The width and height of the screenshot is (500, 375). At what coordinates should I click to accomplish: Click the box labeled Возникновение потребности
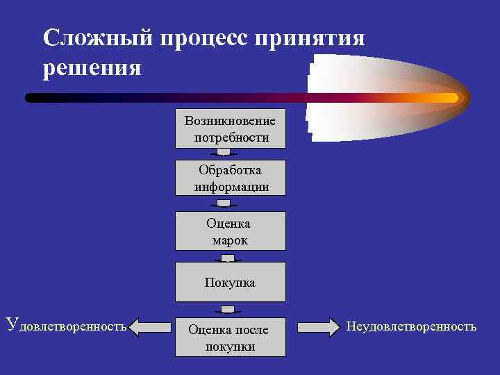click(230, 128)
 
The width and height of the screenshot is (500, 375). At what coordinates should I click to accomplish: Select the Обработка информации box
click(230, 178)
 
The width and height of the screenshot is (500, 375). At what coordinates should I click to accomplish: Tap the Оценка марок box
click(230, 231)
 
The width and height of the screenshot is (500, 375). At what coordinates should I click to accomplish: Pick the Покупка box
click(230, 282)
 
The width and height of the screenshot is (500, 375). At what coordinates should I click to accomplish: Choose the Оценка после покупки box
click(230, 337)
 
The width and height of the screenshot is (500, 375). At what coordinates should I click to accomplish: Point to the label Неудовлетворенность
click(412, 326)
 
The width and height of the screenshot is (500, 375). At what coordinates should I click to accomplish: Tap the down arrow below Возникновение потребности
click(224, 153)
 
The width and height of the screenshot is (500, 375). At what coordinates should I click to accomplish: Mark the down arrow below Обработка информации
click(224, 203)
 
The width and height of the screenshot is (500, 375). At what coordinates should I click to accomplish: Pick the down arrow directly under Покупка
click(227, 309)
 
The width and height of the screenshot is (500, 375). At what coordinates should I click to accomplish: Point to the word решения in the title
click(92, 68)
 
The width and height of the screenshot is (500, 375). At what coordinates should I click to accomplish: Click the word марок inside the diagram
click(230, 240)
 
